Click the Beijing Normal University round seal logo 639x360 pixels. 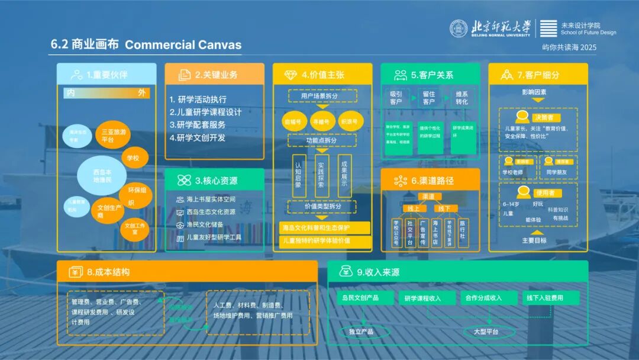459,28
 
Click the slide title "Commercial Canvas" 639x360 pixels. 183,45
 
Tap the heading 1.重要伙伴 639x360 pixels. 106,75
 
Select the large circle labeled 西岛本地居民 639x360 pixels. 102,175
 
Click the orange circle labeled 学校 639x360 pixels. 133,158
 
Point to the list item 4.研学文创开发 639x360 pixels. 198,137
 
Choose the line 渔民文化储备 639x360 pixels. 205,225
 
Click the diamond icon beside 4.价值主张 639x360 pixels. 291,75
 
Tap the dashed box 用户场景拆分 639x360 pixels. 322,95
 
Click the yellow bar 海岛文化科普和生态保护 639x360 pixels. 324,228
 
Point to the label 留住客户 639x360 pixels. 428,98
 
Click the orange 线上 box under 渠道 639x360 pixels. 414,208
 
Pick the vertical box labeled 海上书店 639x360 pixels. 435,232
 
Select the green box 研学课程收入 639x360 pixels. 422,298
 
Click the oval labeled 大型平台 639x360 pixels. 486,332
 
